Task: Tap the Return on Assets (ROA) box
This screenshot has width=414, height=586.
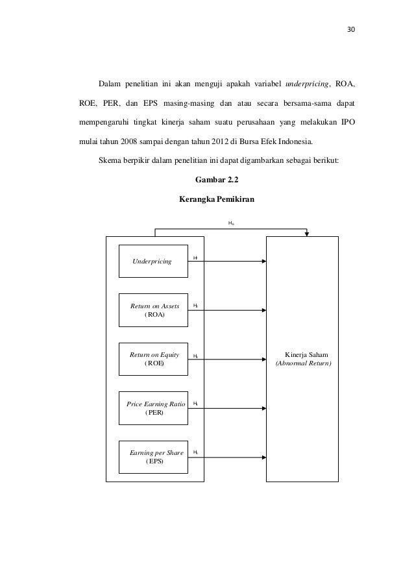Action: (152, 310)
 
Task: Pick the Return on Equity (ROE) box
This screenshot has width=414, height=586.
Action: (152, 359)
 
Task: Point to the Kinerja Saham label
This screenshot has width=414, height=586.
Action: (306, 355)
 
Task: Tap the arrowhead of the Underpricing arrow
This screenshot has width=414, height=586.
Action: (263, 262)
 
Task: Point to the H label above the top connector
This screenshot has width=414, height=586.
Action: (231, 223)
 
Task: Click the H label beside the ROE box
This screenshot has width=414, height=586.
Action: (195, 356)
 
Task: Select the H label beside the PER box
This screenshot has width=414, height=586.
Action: (195, 404)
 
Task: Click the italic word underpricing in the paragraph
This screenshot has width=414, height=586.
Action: (309, 84)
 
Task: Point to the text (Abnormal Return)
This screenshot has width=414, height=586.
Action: (303, 364)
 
